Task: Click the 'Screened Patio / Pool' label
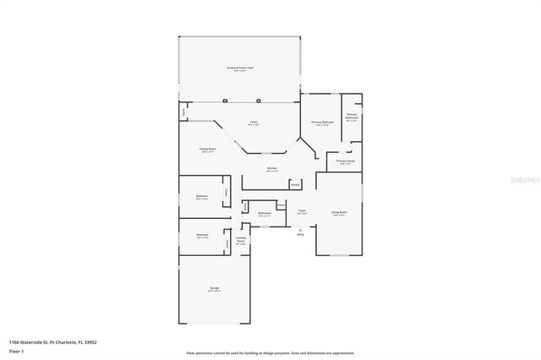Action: [x=239, y=68]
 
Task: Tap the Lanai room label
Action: [x=253, y=123]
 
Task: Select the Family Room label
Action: [x=208, y=150]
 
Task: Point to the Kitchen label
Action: [x=271, y=169]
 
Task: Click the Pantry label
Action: [x=295, y=184]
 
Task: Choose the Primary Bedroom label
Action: [x=322, y=123]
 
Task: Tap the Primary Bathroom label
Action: [x=352, y=117]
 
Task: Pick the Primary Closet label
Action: [x=346, y=161]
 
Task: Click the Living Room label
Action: [x=339, y=213]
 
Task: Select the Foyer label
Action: [x=302, y=211]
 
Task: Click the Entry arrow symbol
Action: [x=300, y=229]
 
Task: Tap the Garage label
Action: [x=215, y=289]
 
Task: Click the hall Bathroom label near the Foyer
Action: [x=265, y=214]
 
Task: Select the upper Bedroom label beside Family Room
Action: [x=202, y=197]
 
